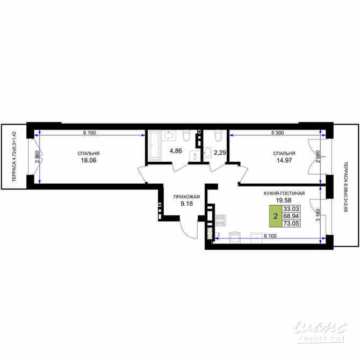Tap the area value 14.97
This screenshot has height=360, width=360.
tap(283, 160)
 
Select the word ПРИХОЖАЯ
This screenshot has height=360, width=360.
tap(186, 197)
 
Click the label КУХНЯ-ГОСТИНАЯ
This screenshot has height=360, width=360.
tap(284, 193)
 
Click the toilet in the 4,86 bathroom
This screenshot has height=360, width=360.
tap(186, 134)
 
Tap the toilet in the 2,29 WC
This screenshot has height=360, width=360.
tap(218, 134)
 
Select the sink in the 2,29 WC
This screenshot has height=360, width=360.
tap(208, 153)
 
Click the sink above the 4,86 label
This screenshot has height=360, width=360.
tap(168, 134)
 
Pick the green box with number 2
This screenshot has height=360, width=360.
tap(276, 216)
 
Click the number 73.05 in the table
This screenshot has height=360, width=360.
tap(291, 224)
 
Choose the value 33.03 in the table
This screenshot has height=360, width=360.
tap(291, 208)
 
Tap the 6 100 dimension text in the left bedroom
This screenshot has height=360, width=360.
tap(90, 132)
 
